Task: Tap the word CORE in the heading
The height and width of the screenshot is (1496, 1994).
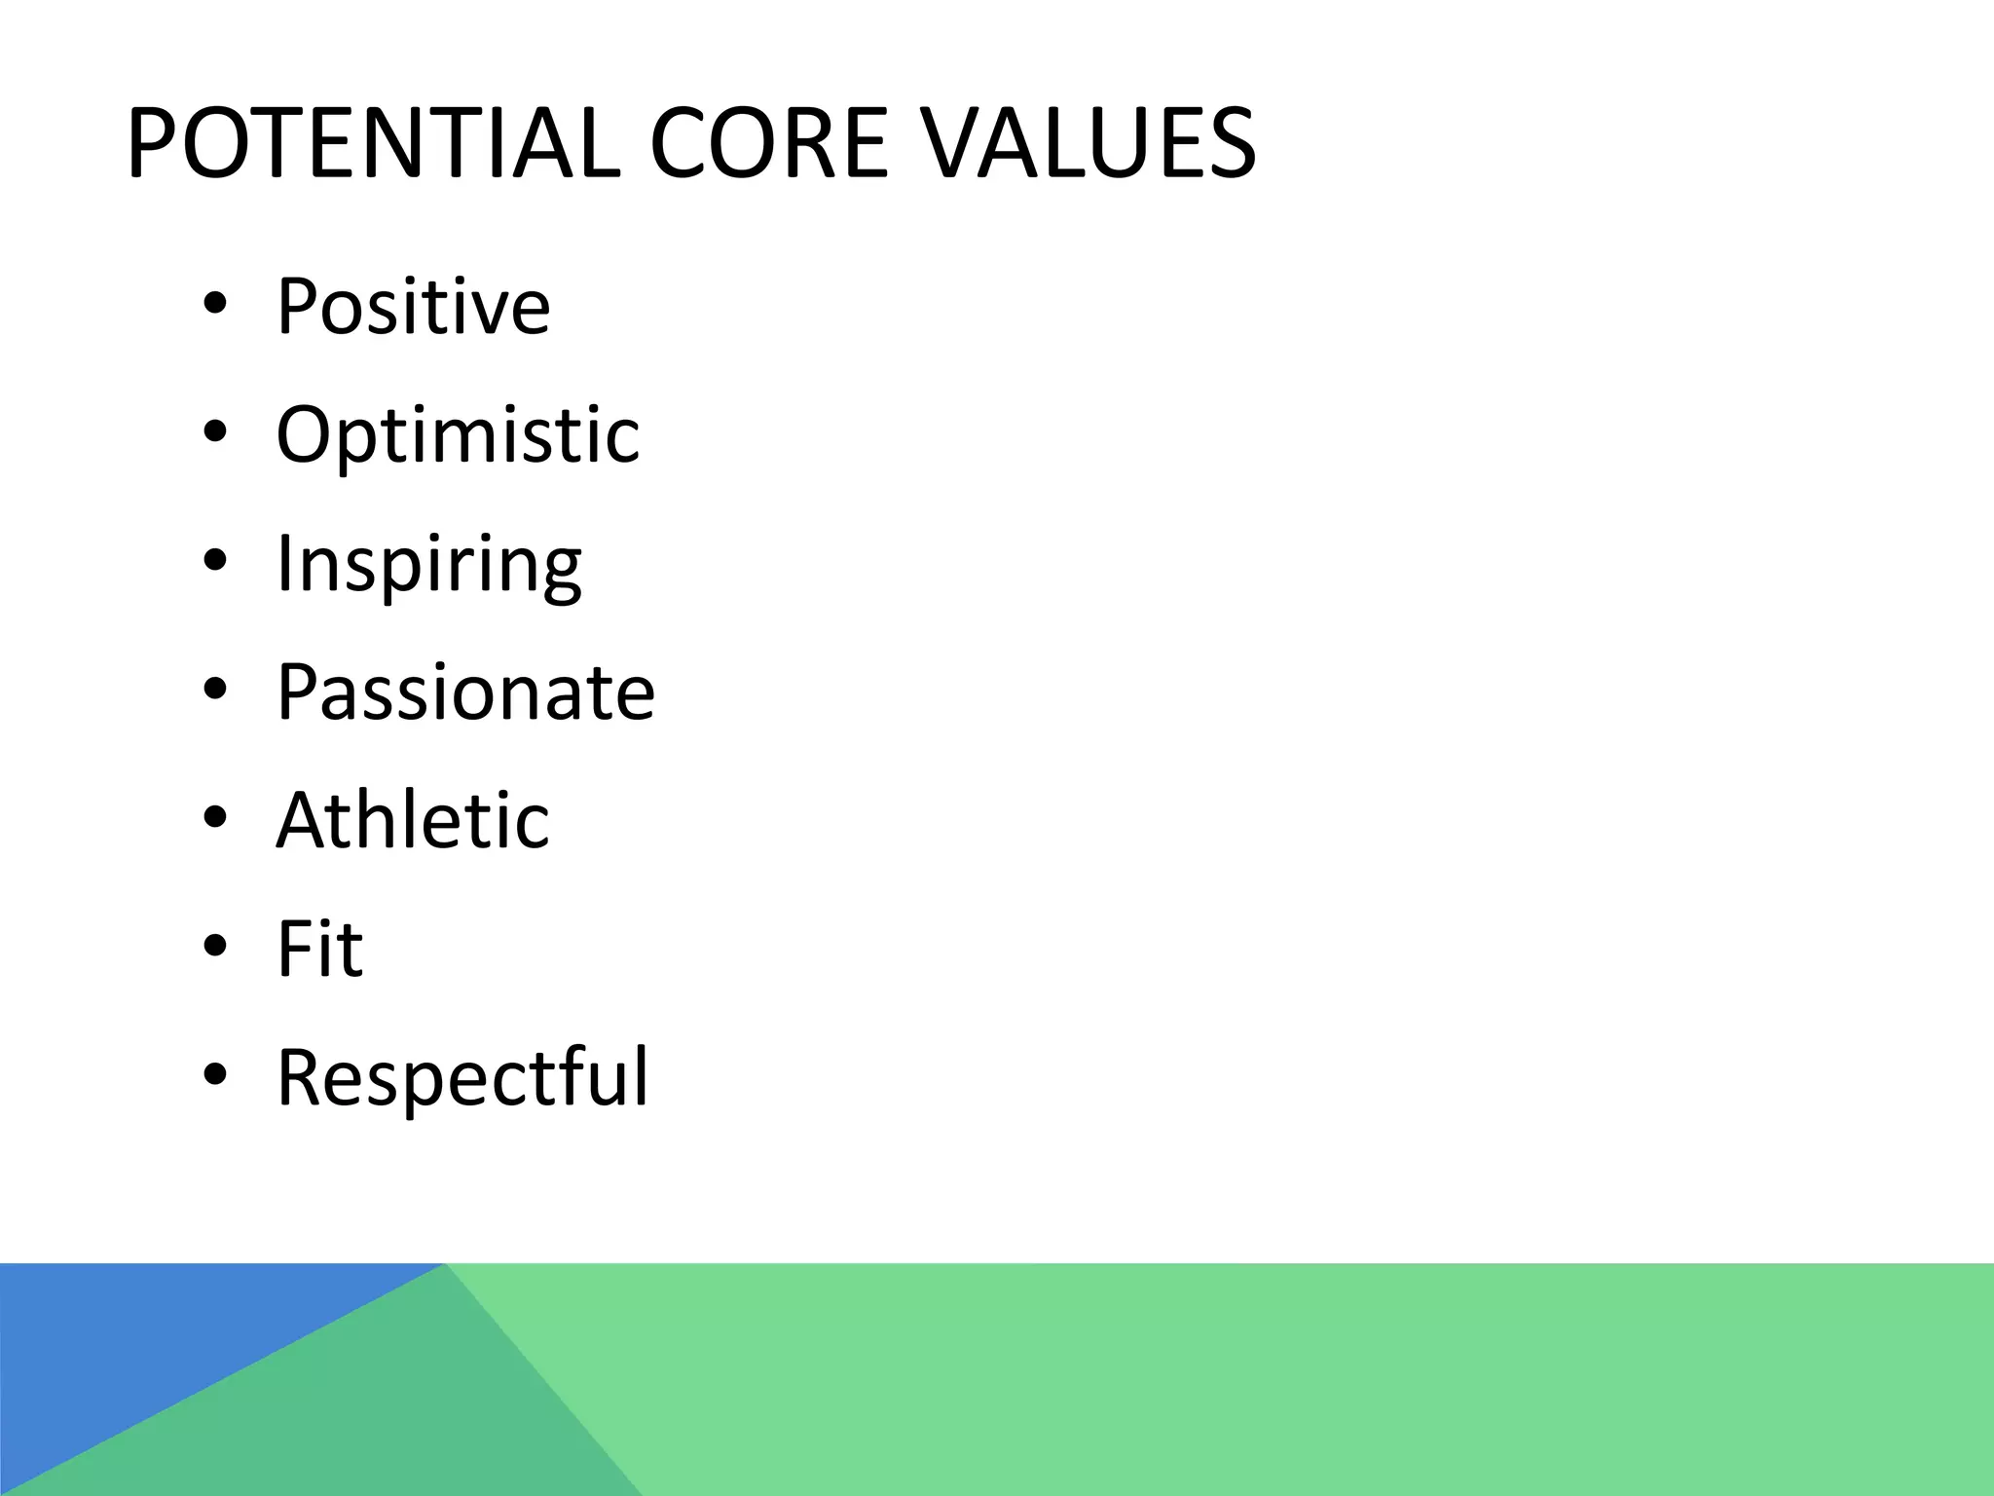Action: [x=769, y=144]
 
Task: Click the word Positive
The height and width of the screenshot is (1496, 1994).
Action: [x=413, y=307]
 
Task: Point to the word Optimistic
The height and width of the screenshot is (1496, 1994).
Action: [x=458, y=435]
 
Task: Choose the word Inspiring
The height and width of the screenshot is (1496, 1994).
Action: [x=428, y=565]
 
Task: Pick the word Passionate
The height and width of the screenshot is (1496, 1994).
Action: [x=465, y=692]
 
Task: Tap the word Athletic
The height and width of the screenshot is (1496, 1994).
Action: [x=413, y=821]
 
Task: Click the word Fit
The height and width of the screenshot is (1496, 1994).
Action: [x=319, y=950]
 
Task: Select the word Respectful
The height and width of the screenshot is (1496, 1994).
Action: [x=462, y=1078]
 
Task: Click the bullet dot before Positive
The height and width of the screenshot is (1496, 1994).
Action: [x=215, y=304]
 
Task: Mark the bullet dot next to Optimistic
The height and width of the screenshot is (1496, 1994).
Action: [x=215, y=432]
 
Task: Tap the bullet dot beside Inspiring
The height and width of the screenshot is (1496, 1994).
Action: [x=215, y=561]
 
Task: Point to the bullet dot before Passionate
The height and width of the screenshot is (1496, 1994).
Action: [x=215, y=690]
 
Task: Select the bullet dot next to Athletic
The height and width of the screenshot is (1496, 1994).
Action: [x=215, y=818]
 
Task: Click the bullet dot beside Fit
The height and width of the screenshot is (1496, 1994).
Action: [x=215, y=947]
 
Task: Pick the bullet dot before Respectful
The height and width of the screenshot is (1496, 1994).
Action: [x=215, y=1075]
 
